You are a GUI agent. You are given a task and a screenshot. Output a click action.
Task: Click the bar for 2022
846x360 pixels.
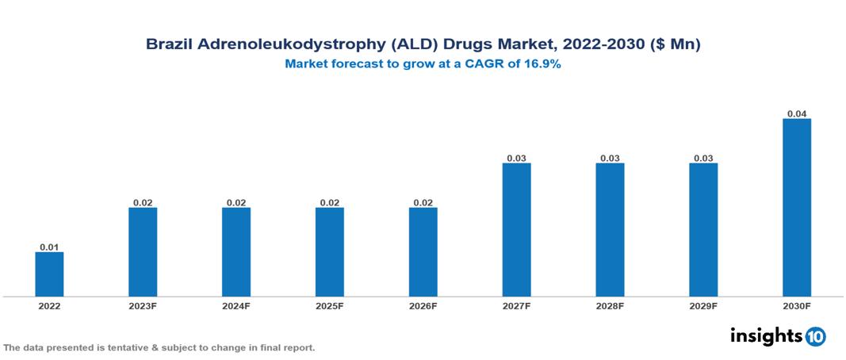(49, 274)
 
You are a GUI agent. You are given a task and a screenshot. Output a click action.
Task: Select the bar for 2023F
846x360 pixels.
(143, 251)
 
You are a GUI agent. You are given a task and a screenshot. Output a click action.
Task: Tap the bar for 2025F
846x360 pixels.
(330, 251)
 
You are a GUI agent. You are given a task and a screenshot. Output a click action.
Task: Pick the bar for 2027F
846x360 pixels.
(517, 229)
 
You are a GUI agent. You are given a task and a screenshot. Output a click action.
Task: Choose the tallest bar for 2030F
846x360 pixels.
(797, 207)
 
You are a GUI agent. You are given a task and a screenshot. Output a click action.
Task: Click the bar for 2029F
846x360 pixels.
(703, 229)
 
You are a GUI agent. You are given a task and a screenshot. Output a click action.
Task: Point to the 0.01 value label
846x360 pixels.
(49, 247)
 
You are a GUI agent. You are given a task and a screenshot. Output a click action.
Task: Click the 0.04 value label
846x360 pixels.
(797, 113)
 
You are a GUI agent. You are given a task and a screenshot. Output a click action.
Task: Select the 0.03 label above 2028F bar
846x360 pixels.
(610, 158)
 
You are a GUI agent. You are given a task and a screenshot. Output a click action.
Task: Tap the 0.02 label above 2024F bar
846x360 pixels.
(236, 202)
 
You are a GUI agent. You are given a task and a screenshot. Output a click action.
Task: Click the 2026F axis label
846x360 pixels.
(423, 305)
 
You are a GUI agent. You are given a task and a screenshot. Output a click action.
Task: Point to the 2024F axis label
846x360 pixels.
(236, 305)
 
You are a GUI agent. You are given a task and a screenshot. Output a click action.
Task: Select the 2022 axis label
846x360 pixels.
(49, 305)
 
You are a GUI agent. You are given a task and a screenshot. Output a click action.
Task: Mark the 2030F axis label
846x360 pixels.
(797, 305)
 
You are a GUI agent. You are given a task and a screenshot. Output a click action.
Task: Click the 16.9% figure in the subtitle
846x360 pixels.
(542, 64)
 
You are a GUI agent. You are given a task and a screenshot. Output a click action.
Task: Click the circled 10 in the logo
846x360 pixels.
(815, 336)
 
